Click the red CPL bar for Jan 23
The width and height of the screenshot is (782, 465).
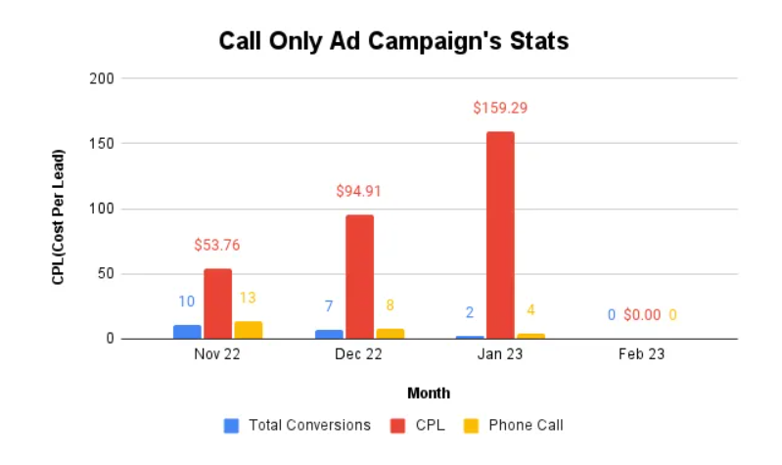[x=500, y=235]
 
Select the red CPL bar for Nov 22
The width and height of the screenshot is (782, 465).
[x=217, y=303]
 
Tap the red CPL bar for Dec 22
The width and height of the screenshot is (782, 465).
[x=359, y=276]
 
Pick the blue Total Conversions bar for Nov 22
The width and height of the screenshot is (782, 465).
[x=187, y=332]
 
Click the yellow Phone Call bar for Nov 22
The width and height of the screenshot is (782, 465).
[x=248, y=330]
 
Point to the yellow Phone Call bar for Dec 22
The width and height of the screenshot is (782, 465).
[x=390, y=334]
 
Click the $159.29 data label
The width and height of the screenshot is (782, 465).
[x=500, y=108]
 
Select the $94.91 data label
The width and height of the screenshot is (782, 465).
[x=358, y=191]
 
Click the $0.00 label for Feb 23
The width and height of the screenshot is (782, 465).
[x=642, y=315]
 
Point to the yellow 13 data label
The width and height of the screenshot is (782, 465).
[x=248, y=298]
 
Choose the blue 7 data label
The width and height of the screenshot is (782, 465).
[x=329, y=306]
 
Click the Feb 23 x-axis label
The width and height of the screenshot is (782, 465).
[x=642, y=354]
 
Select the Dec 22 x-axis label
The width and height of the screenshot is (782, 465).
[x=358, y=354]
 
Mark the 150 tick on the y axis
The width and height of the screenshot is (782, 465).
[x=103, y=144]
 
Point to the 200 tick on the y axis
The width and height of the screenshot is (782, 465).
[x=103, y=78]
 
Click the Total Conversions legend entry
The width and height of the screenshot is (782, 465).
[x=299, y=425]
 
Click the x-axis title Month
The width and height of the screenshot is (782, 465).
[x=429, y=393]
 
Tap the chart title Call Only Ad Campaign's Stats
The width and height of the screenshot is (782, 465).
[x=393, y=42]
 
